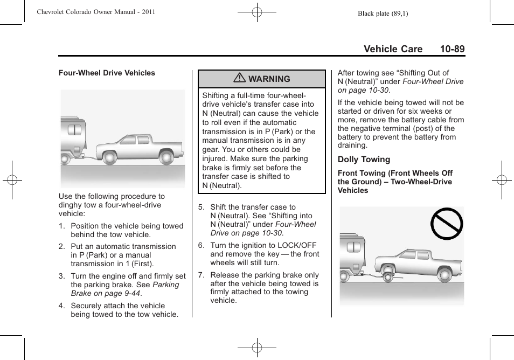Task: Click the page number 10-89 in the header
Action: click(x=452, y=49)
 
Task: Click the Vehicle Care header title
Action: click(x=393, y=49)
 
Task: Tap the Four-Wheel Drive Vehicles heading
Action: click(x=107, y=73)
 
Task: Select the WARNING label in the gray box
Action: click(x=269, y=79)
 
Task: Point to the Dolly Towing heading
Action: click(x=364, y=160)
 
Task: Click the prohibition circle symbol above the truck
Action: click(x=446, y=223)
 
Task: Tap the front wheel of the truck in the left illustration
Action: click(x=110, y=157)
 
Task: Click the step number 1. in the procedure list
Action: click(x=62, y=226)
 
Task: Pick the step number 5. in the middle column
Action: click(x=201, y=207)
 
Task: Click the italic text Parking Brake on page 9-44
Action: click(x=125, y=289)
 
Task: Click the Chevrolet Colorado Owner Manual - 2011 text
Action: click(x=95, y=12)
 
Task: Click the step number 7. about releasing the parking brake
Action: click(x=201, y=275)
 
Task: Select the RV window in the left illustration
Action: click(x=74, y=130)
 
